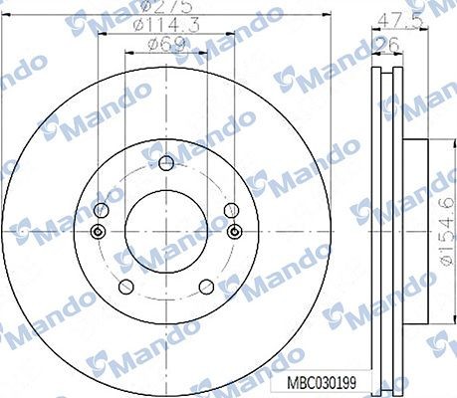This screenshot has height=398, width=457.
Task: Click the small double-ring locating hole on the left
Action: click(x=97, y=233)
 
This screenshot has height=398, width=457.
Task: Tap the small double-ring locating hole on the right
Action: click(x=234, y=233)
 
